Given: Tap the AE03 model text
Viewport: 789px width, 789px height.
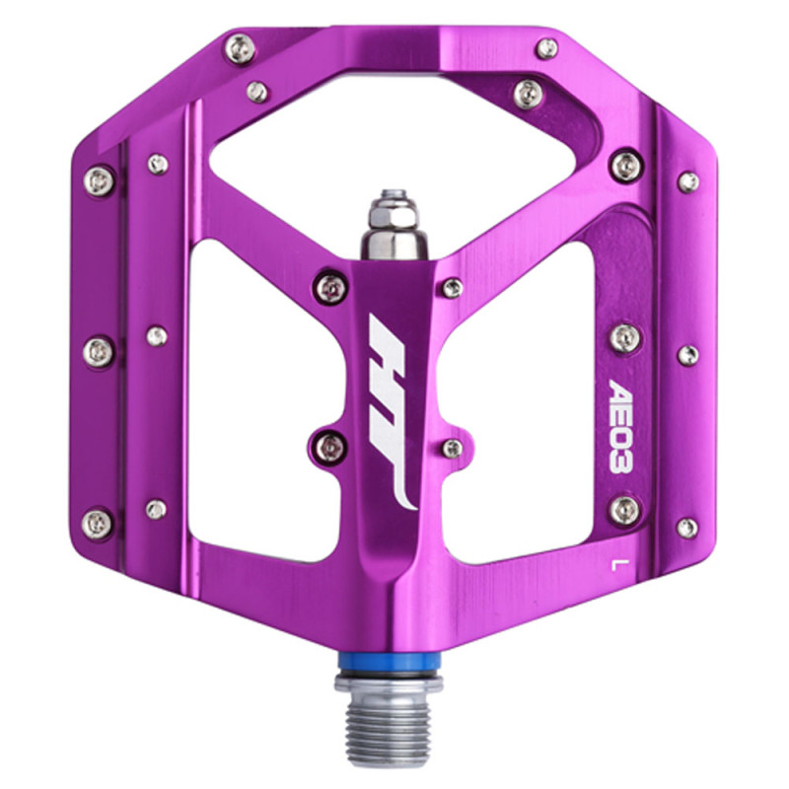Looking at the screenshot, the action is (x=620, y=425).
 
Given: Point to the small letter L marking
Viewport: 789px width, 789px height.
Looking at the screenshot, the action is (x=614, y=565).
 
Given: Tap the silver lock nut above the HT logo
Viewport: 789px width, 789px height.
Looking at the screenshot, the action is (x=394, y=226).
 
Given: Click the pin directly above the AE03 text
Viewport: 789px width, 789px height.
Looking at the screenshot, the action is (x=625, y=338).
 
